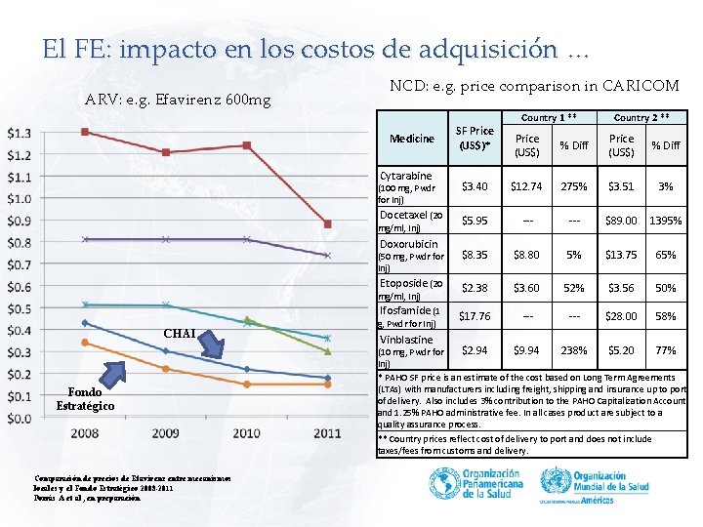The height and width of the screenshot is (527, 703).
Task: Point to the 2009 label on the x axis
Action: click(165, 432)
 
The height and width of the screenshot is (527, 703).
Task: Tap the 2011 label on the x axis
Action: click(327, 432)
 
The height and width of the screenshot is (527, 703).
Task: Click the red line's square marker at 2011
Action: click(328, 224)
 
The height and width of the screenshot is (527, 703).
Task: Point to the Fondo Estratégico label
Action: click(85, 399)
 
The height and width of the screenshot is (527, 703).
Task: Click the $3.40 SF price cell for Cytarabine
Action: click(476, 186)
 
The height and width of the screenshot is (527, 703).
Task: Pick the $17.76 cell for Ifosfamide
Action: click(476, 316)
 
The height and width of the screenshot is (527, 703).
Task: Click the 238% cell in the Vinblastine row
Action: click(573, 349)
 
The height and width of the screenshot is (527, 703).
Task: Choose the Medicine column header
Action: click(412, 139)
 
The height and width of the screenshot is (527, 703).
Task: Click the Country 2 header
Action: click(641, 117)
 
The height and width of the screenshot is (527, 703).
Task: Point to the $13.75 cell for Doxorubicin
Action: click(622, 254)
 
